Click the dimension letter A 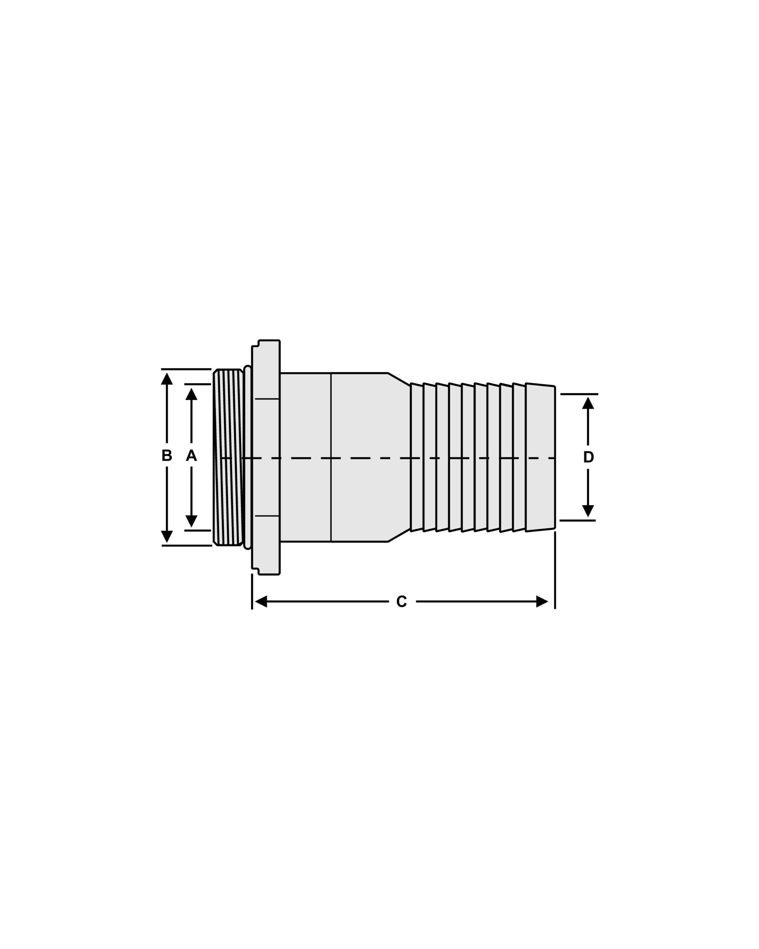pyautogui.click(x=191, y=456)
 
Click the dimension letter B pyautogui.click(x=167, y=456)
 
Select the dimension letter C pyautogui.click(x=401, y=602)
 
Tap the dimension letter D pyautogui.click(x=588, y=457)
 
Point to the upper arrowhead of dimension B pyautogui.click(x=167, y=379)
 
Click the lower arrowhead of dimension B pyautogui.click(x=167, y=536)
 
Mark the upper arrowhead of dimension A pyautogui.click(x=191, y=394)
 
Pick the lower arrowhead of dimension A pyautogui.click(x=191, y=521)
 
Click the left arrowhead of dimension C pyautogui.click(x=261, y=602)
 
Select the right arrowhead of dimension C pyautogui.click(x=542, y=602)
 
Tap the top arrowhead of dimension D pyautogui.click(x=588, y=403)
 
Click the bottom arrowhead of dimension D pyautogui.click(x=588, y=511)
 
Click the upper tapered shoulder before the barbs pyautogui.click(x=399, y=379)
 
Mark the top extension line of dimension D pyautogui.click(x=579, y=394)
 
